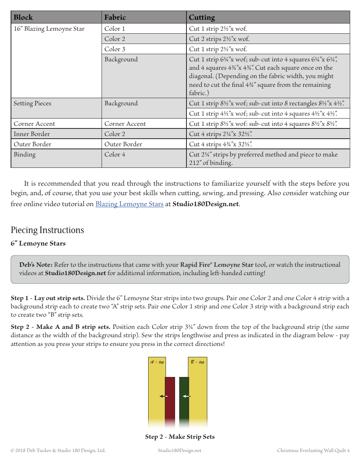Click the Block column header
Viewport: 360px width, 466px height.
[23, 17]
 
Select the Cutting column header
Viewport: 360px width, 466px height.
[202, 17]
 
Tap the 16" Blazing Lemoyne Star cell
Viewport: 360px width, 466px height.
[49, 29]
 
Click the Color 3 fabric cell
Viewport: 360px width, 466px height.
[115, 49]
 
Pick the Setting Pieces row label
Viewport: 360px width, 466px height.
[33, 103]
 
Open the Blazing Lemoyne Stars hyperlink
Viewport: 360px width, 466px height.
[129, 204]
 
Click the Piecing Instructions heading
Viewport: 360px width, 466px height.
[47, 230]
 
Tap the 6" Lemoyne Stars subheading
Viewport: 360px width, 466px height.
[38, 243]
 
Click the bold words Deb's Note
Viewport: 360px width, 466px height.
[36, 265]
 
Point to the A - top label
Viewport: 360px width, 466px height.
[157, 362]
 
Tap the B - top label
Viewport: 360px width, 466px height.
[197, 362]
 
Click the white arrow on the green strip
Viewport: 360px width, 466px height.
[186, 396]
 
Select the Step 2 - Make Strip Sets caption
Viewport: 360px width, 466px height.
[180, 437]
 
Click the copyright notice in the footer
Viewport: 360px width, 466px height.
[58, 450]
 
